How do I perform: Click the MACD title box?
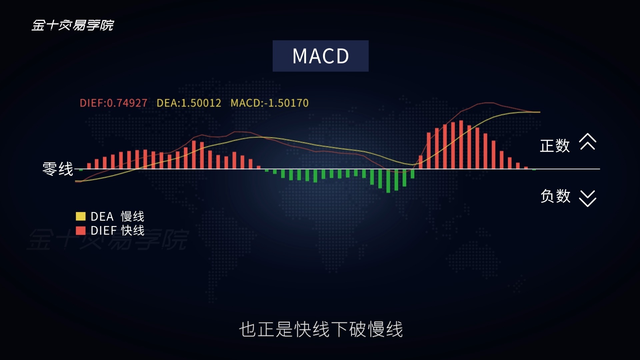[x=320, y=56]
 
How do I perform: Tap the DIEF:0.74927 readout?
[x=113, y=103]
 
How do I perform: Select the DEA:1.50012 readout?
[x=189, y=103]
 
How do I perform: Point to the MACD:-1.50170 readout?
[x=269, y=103]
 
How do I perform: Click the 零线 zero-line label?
[x=58, y=169]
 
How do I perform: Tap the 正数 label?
[x=555, y=146]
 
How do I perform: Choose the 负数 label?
[x=555, y=196]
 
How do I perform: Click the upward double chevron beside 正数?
[x=588, y=142]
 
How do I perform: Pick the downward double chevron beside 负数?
[x=588, y=199]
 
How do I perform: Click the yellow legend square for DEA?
[x=81, y=216]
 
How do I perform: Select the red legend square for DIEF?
[x=81, y=231]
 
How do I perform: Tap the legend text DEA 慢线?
[x=117, y=217]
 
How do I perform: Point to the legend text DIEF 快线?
[x=117, y=231]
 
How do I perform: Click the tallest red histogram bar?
[x=461, y=145]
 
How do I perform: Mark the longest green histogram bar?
[x=388, y=181]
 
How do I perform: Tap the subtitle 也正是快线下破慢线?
[x=321, y=329]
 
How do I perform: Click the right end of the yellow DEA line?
[x=540, y=112]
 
